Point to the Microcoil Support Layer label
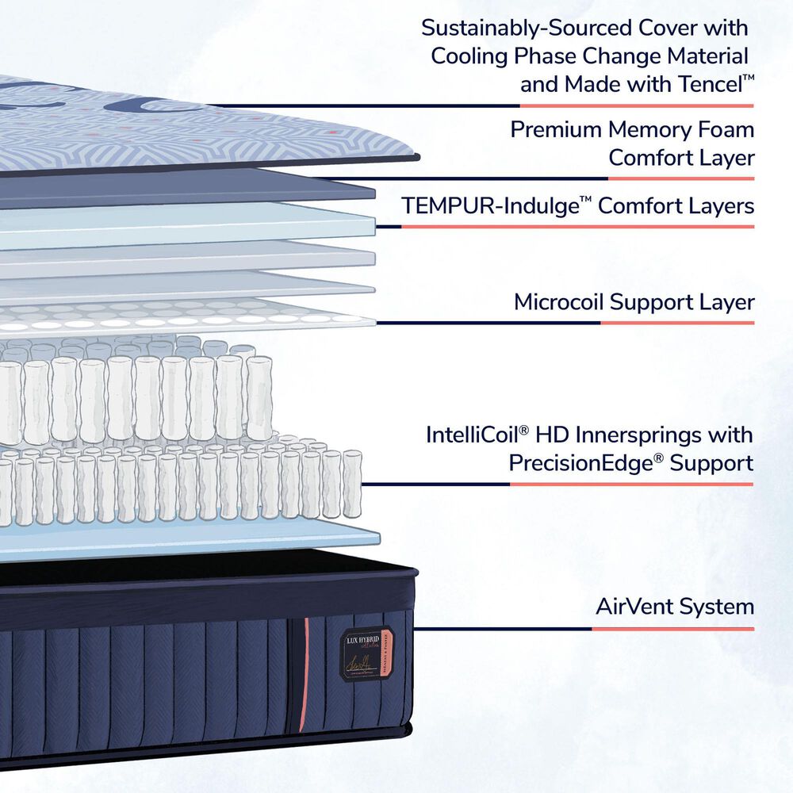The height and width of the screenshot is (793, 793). [634, 302]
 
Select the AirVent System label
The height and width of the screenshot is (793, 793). [674, 607]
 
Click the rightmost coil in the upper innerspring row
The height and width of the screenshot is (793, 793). [259, 397]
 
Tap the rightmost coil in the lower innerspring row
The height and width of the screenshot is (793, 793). [351, 484]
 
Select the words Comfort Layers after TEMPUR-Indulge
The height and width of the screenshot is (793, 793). [676, 206]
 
